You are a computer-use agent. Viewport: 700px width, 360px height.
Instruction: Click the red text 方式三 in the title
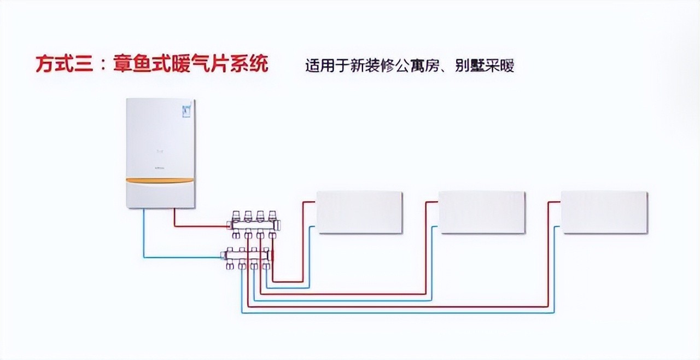click(60, 65)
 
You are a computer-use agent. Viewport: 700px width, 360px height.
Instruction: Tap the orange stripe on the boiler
click(160, 180)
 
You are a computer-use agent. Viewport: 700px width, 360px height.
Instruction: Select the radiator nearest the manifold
click(360, 212)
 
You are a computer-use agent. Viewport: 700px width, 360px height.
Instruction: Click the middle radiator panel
click(482, 212)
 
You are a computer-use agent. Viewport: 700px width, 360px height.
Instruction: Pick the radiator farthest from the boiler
click(604, 212)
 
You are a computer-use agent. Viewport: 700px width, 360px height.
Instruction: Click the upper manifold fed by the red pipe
click(254, 224)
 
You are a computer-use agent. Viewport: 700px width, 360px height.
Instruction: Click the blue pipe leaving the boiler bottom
click(144, 235)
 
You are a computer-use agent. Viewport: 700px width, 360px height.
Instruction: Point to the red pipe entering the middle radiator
click(432, 202)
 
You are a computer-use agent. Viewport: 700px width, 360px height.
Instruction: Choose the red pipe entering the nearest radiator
click(309, 202)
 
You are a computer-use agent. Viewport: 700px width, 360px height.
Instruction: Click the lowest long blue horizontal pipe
click(399, 312)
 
